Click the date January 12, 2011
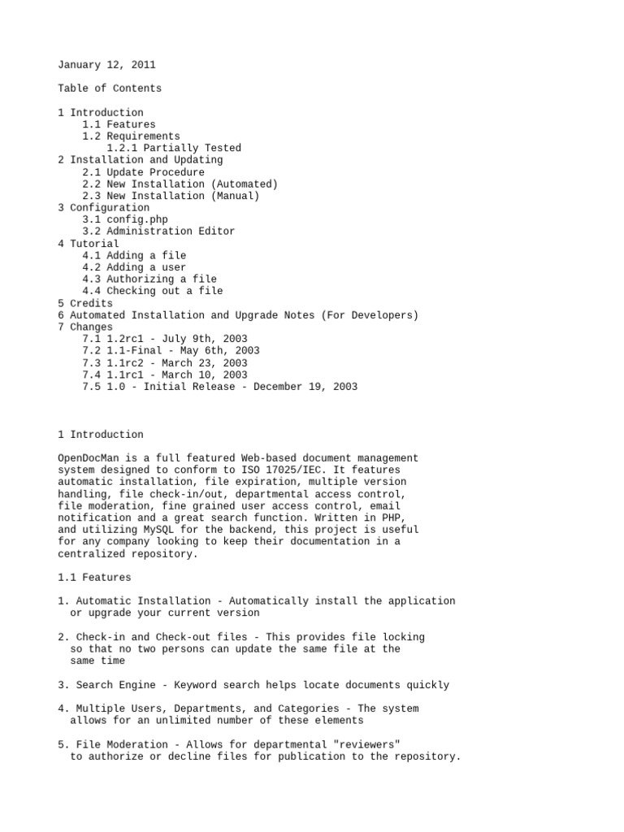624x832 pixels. pyautogui.click(x=106, y=64)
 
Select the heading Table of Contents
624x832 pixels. pyautogui.click(x=110, y=89)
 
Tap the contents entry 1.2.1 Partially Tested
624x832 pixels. pyautogui.click(x=174, y=148)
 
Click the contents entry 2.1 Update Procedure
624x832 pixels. pyautogui.click(x=143, y=172)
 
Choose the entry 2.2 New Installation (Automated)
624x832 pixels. pyautogui.click(x=180, y=184)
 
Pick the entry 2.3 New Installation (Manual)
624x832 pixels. pyautogui.click(x=171, y=196)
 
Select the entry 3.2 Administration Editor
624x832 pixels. pyautogui.click(x=158, y=232)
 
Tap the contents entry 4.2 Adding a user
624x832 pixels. pyautogui.click(x=134, y=267)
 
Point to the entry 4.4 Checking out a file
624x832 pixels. pyautogui.click(x=152, y=291)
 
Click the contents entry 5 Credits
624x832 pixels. pyautogui.click(x=85, y=303)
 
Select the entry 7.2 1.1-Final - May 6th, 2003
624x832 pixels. pyautogui.click(x=171, y=351)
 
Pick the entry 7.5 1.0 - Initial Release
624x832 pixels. pyautogui.click(x=219, y=387)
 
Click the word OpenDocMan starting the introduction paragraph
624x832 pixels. pyautogui.click(x=88, y=458)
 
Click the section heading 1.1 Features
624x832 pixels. pyautogui.click(x=94, y=578)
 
